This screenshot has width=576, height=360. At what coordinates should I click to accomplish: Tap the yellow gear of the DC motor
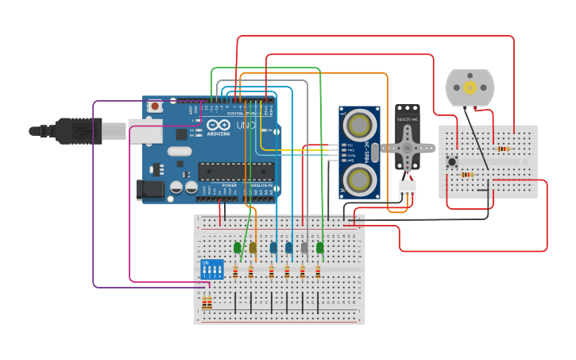point(470,87)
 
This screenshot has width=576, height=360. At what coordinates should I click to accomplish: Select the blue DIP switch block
point(213,269)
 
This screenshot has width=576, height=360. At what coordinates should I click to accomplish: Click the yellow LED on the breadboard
point(253,248)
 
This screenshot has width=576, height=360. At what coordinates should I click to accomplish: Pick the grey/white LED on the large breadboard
point(304,248)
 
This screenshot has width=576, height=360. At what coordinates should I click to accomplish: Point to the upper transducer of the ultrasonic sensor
point(360,124)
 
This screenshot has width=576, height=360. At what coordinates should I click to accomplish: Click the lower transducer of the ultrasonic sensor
point(360,179)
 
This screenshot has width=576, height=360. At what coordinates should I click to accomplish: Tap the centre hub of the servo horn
point(408,148)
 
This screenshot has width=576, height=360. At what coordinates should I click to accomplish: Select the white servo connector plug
point(407,189)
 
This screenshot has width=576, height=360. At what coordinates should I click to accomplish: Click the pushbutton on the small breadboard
point(452,163)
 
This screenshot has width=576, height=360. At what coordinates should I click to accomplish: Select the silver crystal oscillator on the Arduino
point(180,151)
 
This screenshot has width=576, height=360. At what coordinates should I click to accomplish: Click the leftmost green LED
point(238,248)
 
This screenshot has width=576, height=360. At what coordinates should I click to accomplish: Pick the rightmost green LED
point(320,248)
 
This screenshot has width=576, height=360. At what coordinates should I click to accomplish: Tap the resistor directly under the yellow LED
point(252,273)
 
